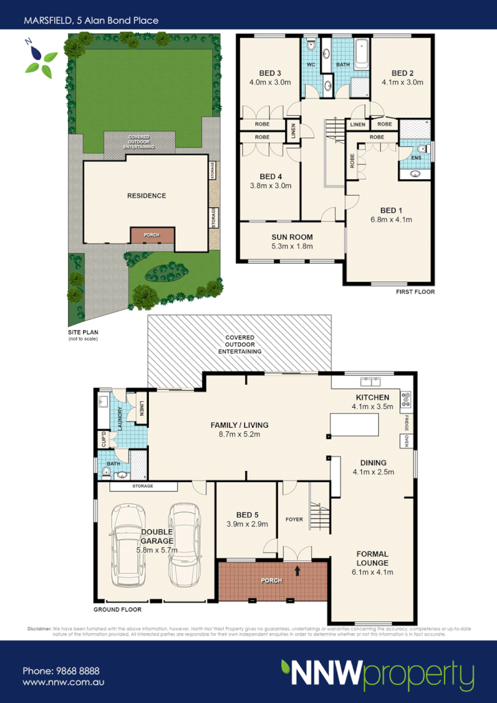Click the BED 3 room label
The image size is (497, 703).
(x=270, y=73)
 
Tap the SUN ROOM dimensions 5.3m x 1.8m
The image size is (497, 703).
(x=291, y=246)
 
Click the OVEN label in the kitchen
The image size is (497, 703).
(x=406, y=440)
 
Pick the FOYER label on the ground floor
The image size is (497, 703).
(x=294, y=520)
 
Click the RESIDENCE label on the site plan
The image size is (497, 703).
(x=146, y=196)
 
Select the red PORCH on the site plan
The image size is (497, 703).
(x=152, y=235)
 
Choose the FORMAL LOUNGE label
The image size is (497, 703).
(x=373, y=558)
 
